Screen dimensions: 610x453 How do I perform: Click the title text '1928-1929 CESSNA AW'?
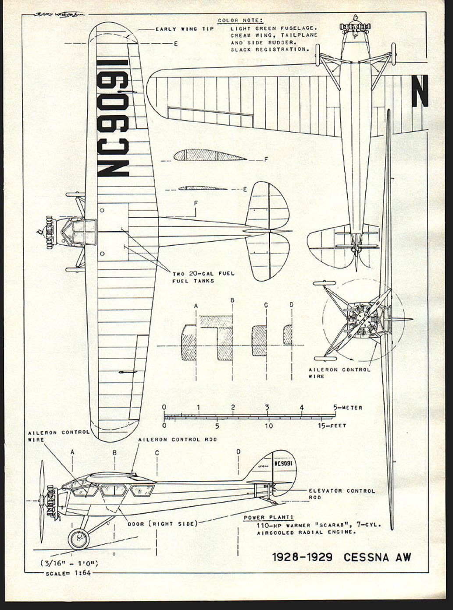(342, 557)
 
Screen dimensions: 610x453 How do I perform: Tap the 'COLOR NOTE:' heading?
(241, 21)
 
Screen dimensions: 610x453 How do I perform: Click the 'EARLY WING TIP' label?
(185, 29)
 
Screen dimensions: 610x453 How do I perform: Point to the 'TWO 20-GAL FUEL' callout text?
(203, 274)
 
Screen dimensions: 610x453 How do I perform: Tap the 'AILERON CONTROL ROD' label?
(177, 439)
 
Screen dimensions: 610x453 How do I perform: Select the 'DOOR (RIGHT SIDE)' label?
(162, 524)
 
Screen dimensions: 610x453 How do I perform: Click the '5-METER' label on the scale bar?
(348, 408)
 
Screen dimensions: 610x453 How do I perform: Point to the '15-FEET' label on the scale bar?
(332, 426)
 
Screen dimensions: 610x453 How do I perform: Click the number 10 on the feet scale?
(269, 426)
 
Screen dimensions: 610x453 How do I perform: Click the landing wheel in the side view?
(78, 539)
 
